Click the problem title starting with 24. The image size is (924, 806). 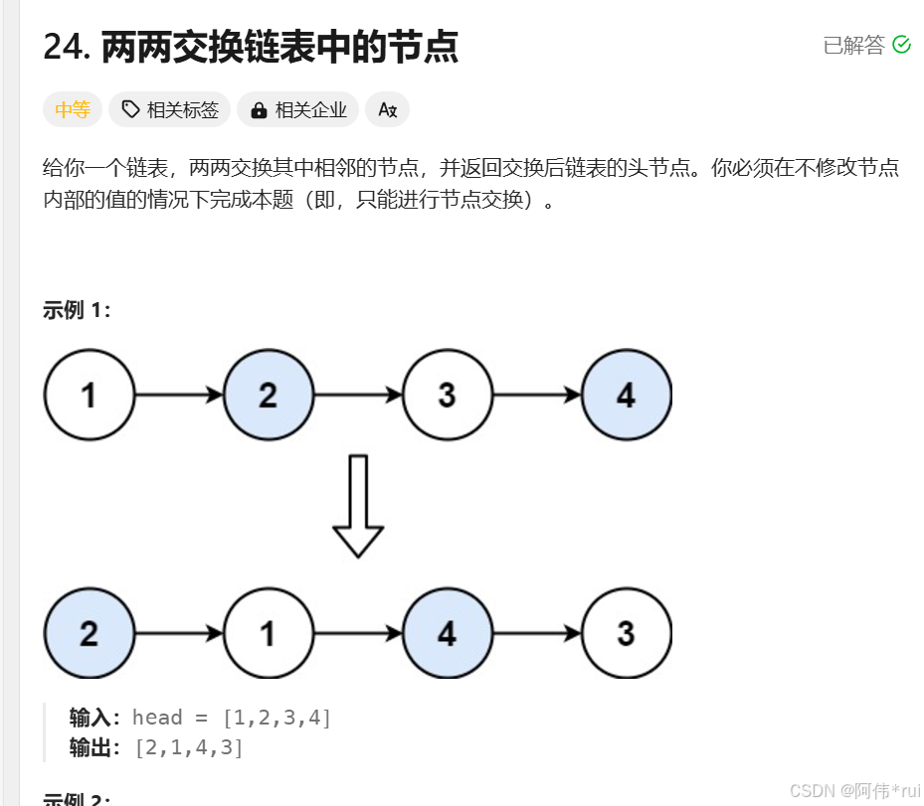click(251, 46)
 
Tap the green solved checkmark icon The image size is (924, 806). click(902, 45)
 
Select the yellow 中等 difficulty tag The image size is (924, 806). click(73, 110)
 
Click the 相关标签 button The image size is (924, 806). click(170, 110)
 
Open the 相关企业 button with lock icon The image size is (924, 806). click(298, 110)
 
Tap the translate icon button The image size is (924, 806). click(388, 110)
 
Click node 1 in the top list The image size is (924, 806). click(89, 395)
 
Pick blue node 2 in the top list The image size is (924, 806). click(269, 395)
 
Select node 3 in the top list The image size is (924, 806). click(448, 395)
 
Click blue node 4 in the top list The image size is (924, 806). click(626, 395)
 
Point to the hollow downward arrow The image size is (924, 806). click(357, 505)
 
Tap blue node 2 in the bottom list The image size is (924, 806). click(89, 633)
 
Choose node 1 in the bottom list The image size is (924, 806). click(269, 633)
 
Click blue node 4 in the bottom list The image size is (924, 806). click(448, 633)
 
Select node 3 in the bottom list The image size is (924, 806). click(626, 633)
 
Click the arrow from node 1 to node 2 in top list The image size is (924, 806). click(179, 395)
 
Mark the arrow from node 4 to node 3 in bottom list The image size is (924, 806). click(537, 633)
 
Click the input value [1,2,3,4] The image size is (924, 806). click(277, 718)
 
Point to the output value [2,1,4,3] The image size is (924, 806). click(189, 747)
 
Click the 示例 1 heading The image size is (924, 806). click(77, 310)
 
